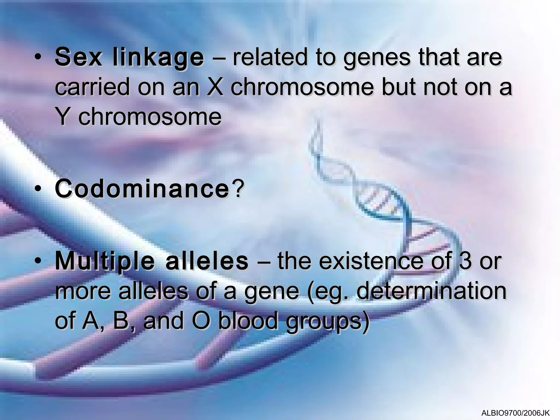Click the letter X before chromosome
(x=215, y=87)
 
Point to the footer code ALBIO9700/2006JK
(x=516, y=413)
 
